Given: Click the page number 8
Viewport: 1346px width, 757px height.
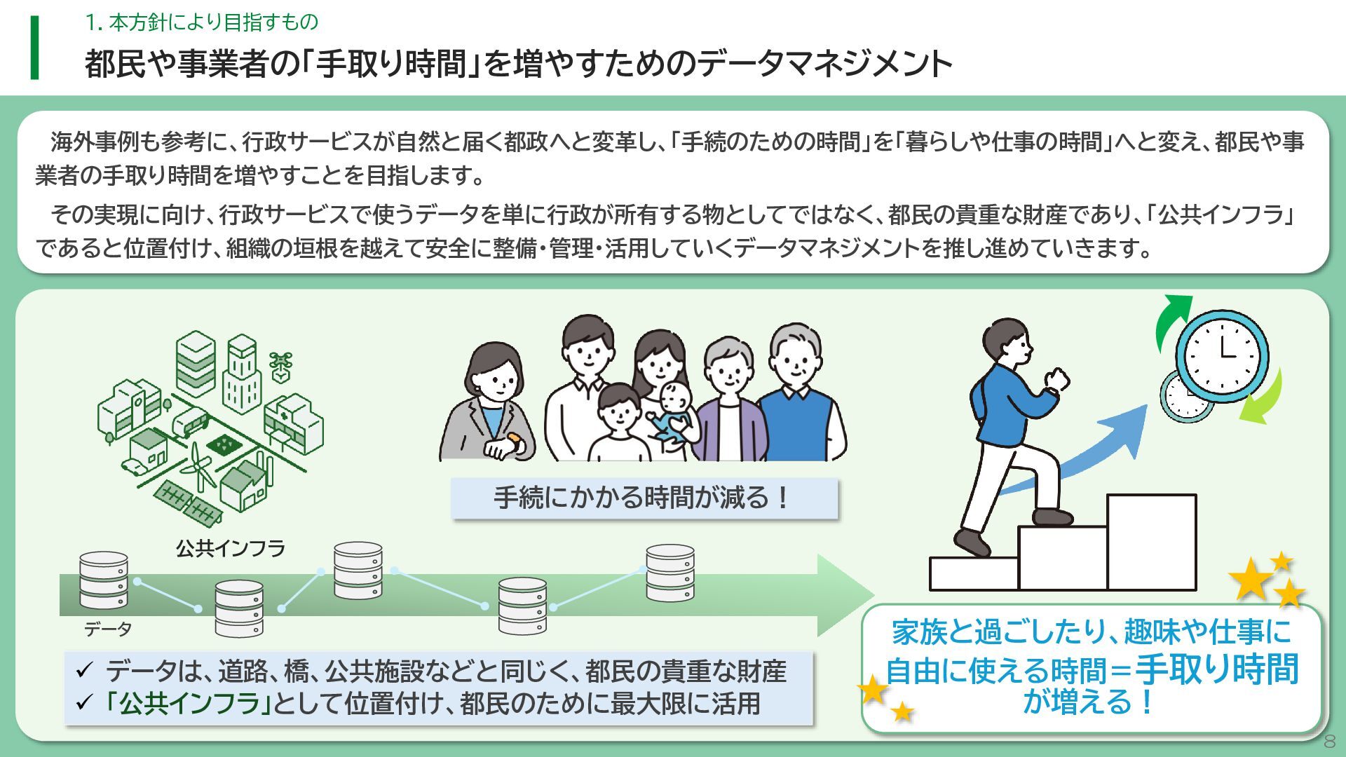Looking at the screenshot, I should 1328,742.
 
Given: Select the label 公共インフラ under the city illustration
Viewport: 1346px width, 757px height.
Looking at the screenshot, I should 231,548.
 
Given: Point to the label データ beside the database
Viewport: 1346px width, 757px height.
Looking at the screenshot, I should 108,629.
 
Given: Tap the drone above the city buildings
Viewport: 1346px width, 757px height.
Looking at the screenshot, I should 280,364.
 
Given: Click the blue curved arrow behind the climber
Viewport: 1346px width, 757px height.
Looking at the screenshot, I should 1094,449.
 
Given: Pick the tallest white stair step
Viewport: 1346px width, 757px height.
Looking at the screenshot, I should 1151,541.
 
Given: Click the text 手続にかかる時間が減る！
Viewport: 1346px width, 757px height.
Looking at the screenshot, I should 644,498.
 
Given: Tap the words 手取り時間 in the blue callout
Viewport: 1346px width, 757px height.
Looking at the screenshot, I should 1216,669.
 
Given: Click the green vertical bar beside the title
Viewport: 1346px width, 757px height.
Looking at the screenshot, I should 34,48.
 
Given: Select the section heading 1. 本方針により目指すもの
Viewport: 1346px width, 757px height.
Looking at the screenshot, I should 202,22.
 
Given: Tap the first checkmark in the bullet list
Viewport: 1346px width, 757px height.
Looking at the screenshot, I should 84,671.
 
